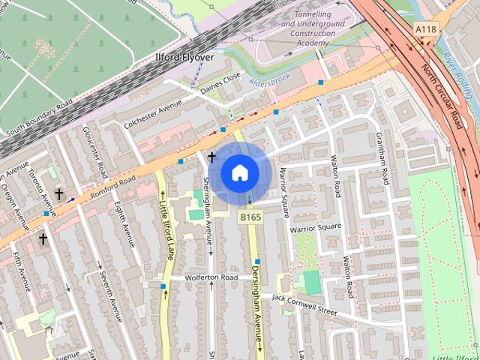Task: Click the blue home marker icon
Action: click(x=239, y=173)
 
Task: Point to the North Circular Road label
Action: click(x=441, y=94)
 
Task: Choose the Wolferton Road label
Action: click(x=213, y=277)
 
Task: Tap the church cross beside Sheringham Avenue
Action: click(x=212, y=157)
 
